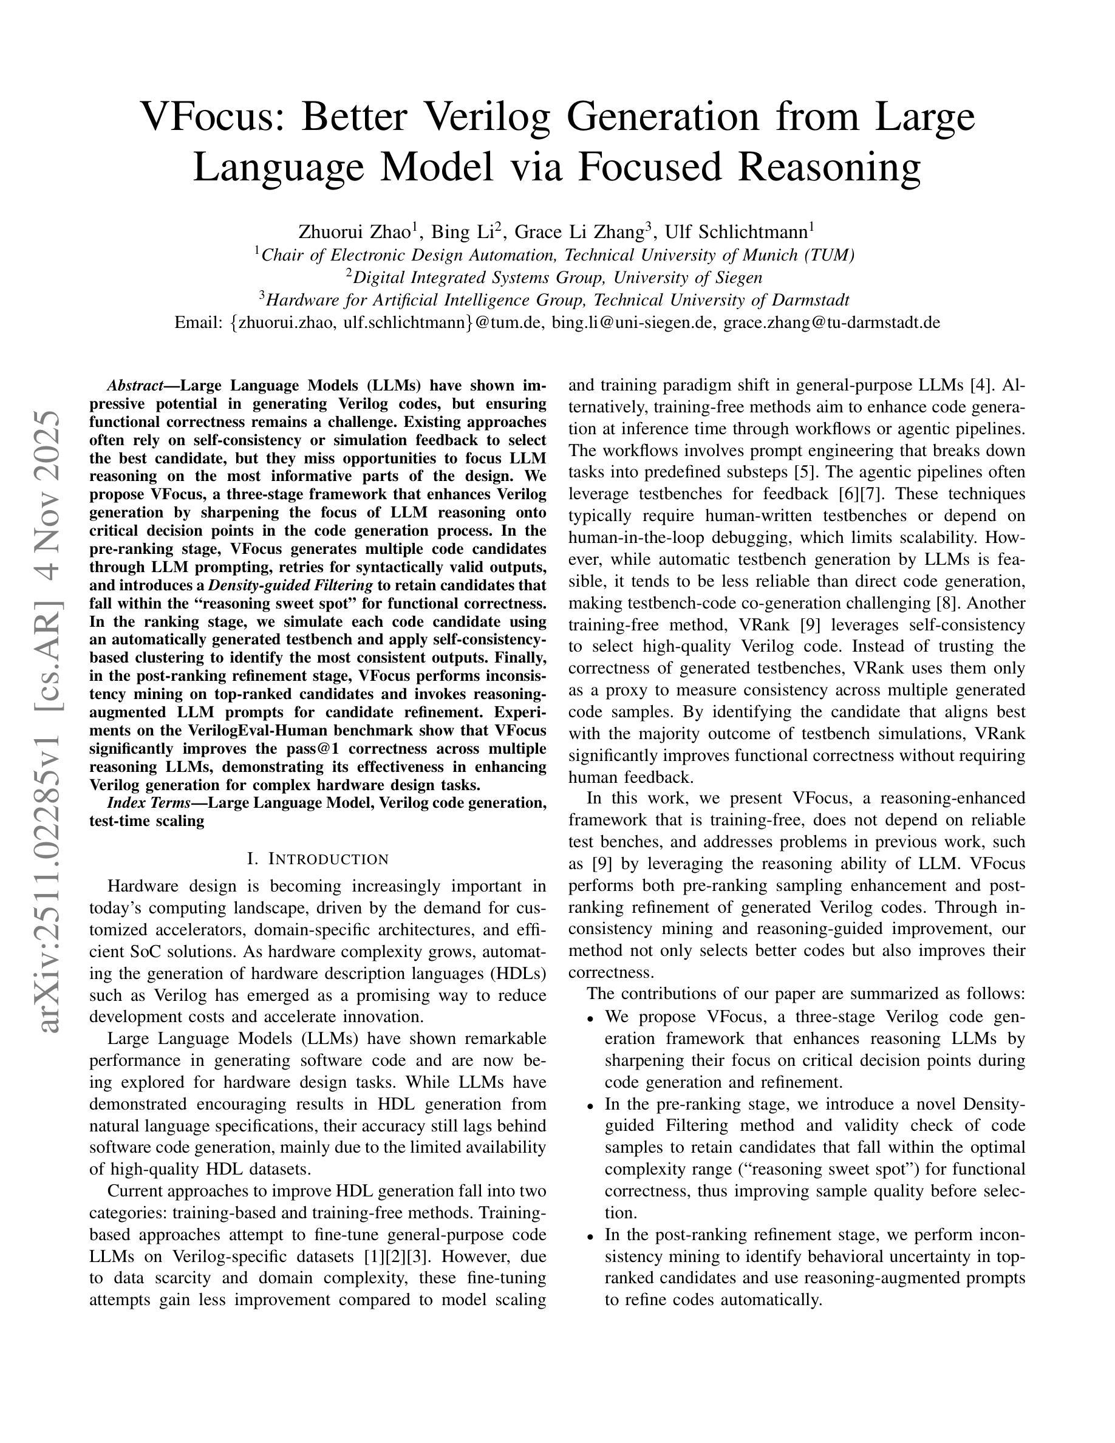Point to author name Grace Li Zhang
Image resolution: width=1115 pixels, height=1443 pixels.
(579, 233)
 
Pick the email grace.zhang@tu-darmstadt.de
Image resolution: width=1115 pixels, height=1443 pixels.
(831, 322)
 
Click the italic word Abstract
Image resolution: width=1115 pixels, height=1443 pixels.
(135, 386)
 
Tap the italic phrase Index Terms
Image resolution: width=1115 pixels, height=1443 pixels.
(148, 803)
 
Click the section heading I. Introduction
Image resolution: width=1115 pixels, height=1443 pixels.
(318, 859)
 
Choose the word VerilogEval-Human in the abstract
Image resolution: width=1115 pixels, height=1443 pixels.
(310, 731)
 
